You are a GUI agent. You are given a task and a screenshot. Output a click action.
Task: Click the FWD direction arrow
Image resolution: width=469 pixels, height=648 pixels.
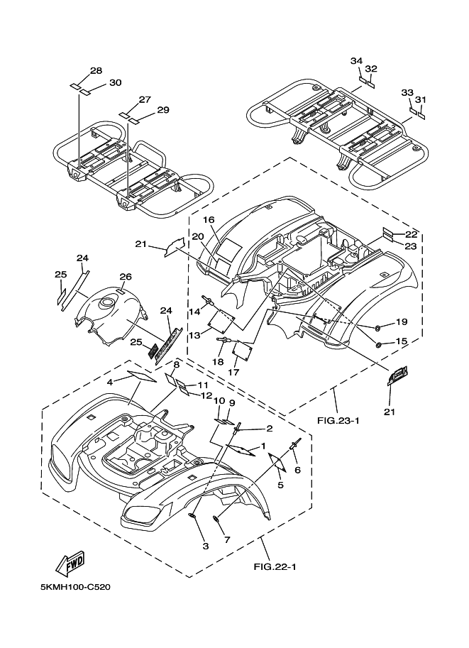69,564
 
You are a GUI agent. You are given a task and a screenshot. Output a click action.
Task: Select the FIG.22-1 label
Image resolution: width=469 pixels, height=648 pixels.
274,566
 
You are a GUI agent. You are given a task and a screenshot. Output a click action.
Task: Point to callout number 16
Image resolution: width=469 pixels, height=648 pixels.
210,220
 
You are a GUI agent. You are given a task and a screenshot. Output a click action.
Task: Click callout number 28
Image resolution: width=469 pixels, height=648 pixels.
96,71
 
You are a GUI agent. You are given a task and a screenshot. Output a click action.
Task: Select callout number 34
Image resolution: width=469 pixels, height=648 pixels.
357,61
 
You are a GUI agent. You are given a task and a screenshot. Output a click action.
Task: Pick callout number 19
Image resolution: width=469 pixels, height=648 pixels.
401,322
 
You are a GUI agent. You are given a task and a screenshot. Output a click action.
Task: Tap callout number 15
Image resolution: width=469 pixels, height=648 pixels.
401,341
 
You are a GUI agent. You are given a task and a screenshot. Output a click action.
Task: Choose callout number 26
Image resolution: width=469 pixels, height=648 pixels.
126,277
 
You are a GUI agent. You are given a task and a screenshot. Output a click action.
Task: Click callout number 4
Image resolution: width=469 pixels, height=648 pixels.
110,382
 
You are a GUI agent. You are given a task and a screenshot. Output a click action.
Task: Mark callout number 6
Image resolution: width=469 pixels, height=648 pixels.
297,470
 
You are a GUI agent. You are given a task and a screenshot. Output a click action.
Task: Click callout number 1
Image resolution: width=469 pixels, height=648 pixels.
263,446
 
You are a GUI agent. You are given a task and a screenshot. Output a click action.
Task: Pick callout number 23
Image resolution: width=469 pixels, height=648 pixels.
411,247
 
